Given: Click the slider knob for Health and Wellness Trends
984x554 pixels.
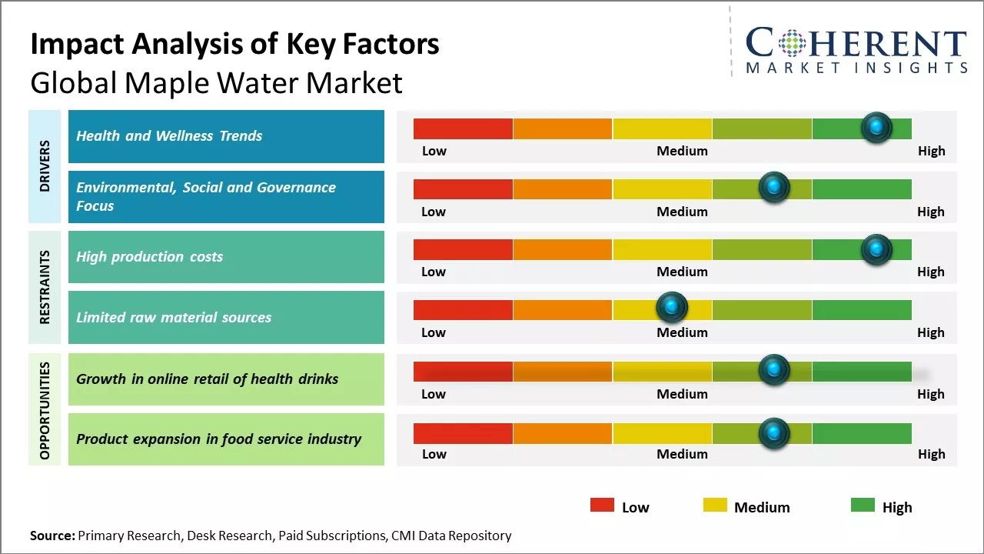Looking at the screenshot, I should (x=876, y=127).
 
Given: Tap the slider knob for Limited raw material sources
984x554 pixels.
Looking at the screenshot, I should (x=672, y=308).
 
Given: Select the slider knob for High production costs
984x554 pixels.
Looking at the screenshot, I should (x=876, y=249).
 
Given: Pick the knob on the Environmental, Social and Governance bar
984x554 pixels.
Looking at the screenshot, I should (x=774, y=188).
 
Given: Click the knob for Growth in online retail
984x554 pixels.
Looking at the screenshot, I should (x=774, y=370).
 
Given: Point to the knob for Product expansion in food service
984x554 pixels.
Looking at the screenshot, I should (x=774, y=432).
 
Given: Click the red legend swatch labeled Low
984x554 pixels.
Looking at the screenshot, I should (x=602, y=506).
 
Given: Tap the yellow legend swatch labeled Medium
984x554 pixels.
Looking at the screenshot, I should (x=715, y=506).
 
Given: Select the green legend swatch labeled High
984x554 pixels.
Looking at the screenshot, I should (x=863, y=506).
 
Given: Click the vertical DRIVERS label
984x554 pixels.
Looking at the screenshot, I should (x=45, y=166).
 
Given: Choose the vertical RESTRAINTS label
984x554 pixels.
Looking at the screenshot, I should (x=45, y=287).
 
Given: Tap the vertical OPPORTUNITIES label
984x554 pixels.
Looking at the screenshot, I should (x=45, y=409).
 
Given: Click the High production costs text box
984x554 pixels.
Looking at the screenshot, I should (x=226, y=257).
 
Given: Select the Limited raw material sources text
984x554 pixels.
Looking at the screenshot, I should (x=174, y=317).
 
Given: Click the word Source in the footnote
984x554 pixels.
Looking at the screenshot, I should (x=52, y=536).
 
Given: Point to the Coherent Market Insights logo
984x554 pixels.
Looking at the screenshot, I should (x=856, y=50).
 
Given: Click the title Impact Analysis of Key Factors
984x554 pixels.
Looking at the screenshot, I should (x=234, y=45).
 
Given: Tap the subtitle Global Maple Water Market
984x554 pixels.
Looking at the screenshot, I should (x=216, y=83).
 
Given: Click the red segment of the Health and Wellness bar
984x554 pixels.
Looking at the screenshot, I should (x=463, y=128).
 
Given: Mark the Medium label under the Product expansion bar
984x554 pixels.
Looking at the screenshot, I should (x=682, y=454).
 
